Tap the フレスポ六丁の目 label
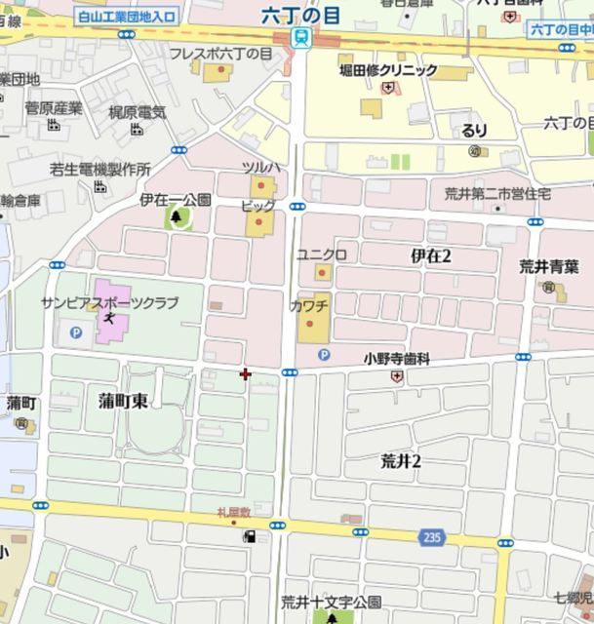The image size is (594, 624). [220, 55]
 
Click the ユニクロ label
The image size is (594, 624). [322, 254]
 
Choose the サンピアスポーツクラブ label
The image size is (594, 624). [109, 303]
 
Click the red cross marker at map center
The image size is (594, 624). [244, 373]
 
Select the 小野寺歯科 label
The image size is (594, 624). [397, 359]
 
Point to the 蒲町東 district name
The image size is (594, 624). [124, 400]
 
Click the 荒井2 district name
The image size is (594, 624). [400, 461]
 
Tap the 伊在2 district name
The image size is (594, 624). [431, 255]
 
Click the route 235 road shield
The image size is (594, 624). [433, 536]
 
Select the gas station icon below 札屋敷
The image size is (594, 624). [250, 535]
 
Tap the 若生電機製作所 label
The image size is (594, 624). [100, 169]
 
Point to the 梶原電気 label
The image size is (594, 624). [138, 112]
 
